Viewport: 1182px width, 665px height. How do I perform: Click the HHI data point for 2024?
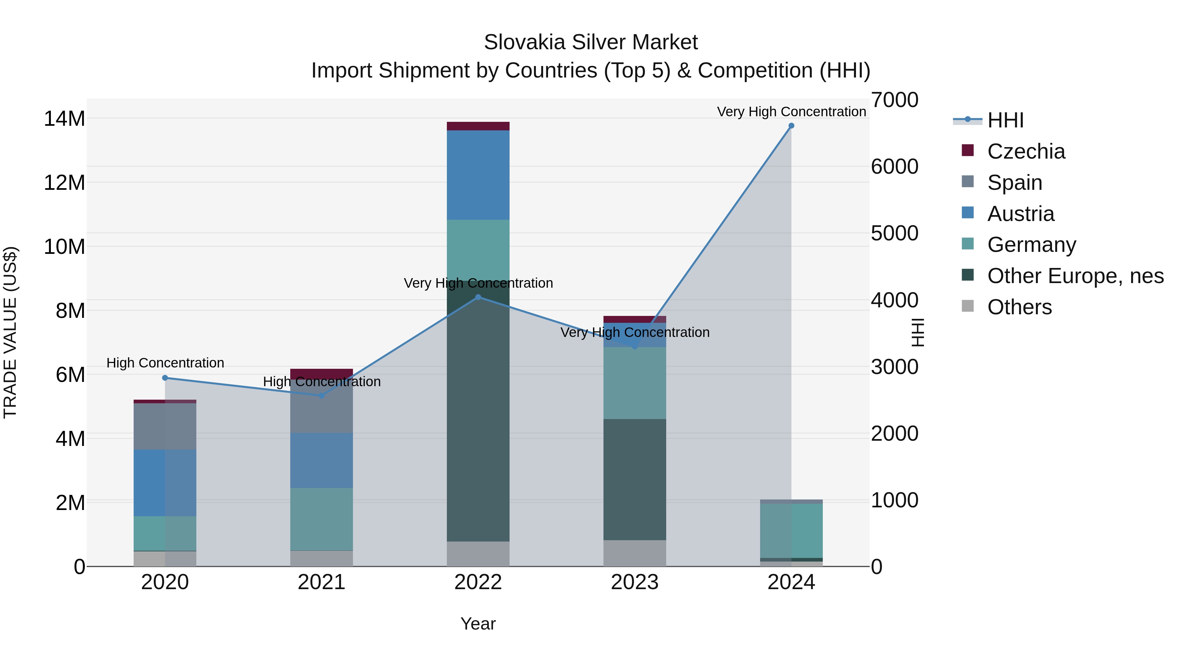(791, 126)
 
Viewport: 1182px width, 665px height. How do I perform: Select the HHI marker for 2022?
(478, 298)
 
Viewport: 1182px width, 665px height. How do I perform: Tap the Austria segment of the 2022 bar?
(478, 175)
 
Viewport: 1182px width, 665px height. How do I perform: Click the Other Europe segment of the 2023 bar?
(635, 479)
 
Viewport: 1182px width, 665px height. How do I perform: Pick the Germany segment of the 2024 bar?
(791, 531)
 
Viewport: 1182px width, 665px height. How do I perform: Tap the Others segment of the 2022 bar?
(478, 554)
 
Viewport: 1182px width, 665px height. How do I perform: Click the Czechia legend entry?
(1026, 151)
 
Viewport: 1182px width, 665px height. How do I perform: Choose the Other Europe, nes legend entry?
(1075, 276)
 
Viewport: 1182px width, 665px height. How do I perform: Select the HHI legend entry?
(1005, 120)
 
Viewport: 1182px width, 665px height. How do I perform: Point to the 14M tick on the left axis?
(64, 119)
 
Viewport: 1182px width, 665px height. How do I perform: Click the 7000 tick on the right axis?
(894, 100)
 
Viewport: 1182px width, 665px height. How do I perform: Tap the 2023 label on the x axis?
(635, 582)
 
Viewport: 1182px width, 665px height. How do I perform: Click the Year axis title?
(478, 624)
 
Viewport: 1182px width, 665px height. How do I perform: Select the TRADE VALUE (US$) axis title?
(10, 332)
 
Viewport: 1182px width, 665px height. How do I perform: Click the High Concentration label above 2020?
(165, 363)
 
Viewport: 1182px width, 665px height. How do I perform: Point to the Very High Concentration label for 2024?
(791, 112)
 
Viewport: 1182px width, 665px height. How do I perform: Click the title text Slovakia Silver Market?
(591, 42)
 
